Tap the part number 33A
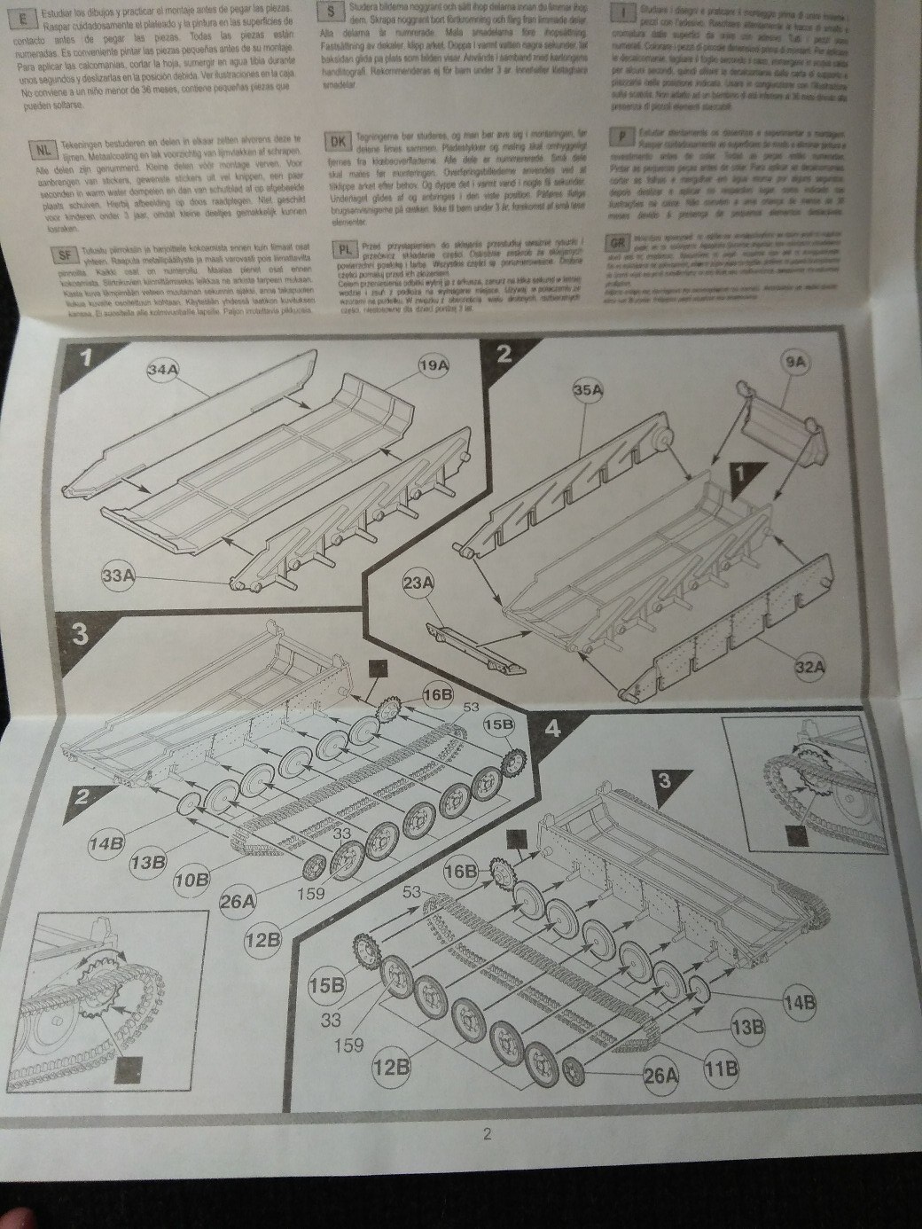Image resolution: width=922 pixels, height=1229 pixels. tap(118, 576)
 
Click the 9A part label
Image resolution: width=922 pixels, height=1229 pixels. tap(793, 361)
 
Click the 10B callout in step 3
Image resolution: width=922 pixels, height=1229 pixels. tap(191, 880)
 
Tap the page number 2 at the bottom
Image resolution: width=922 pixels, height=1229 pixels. tap(487, 1135)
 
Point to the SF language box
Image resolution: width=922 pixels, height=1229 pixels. tap(64, 253)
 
